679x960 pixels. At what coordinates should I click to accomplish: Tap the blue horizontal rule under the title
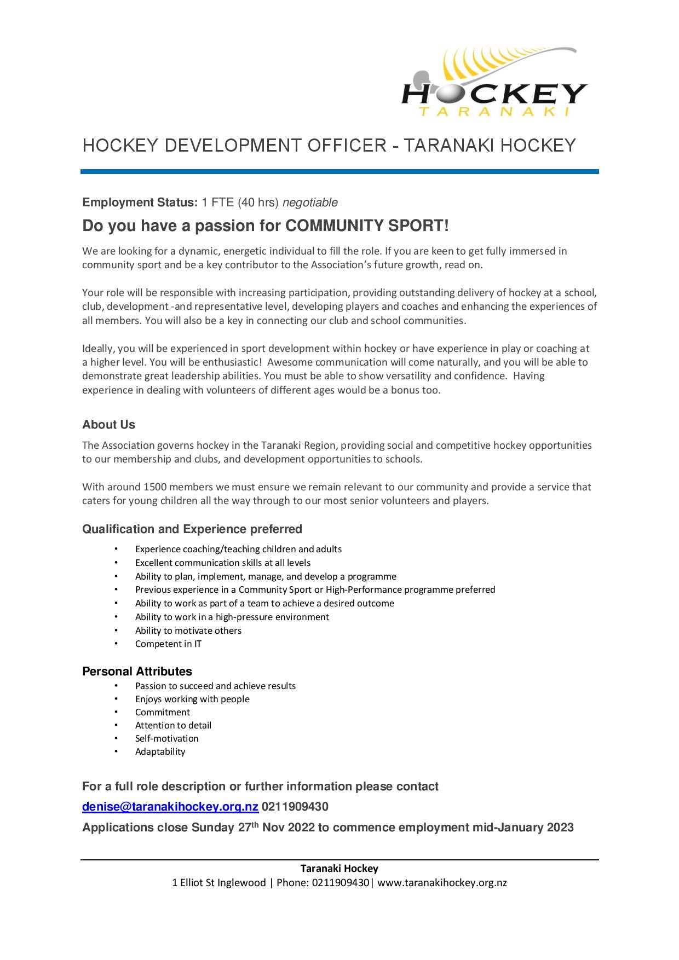click(339, 171)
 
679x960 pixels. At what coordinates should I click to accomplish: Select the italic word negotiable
click(310, 203)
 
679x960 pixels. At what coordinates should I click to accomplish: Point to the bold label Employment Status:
click(140, 203)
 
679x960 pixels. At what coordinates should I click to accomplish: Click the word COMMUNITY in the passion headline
click(335, 225)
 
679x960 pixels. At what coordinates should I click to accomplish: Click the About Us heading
click(108, 425)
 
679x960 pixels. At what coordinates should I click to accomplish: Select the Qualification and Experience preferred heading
click(192, 529)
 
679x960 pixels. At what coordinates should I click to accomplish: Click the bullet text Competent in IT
click(168, 644)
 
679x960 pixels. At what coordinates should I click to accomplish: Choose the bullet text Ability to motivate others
click(188, 631)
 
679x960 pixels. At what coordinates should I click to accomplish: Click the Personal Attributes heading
click(137, 672)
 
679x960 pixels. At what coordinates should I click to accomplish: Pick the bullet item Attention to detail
click(173, 725)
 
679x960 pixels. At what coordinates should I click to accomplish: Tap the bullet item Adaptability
click(160, 751)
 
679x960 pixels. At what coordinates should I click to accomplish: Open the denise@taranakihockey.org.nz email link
click(170, 807)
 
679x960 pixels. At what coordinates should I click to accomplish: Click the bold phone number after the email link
click(295, 807)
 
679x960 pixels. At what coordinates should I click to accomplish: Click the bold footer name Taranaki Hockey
click(339, 868)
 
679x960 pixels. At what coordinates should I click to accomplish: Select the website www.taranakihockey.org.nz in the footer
click(442, 882)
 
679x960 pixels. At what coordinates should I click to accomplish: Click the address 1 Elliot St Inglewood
click(218, 882)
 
